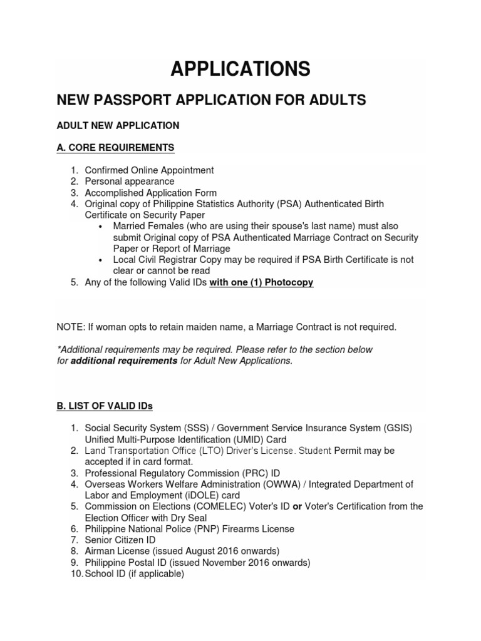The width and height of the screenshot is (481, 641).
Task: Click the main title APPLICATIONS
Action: tap(240, 68)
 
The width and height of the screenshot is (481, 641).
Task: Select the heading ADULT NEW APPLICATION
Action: tap(118, 125)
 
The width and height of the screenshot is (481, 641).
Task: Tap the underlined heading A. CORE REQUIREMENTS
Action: tap(115, 148)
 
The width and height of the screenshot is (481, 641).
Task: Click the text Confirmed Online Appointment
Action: tap(149, 170)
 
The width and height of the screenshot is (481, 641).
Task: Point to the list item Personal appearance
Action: tap(129, 182)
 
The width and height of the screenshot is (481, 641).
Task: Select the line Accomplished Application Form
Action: tap(150, 193)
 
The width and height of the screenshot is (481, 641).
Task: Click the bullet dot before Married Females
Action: tap(101, 227)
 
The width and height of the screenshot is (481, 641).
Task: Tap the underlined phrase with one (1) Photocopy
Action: tap(261, 282)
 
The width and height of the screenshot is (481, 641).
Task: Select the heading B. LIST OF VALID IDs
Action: tap(105, 406)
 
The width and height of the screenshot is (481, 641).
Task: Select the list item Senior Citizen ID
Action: tap(120, 540)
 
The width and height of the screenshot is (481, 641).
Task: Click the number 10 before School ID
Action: tap(76, 573)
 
